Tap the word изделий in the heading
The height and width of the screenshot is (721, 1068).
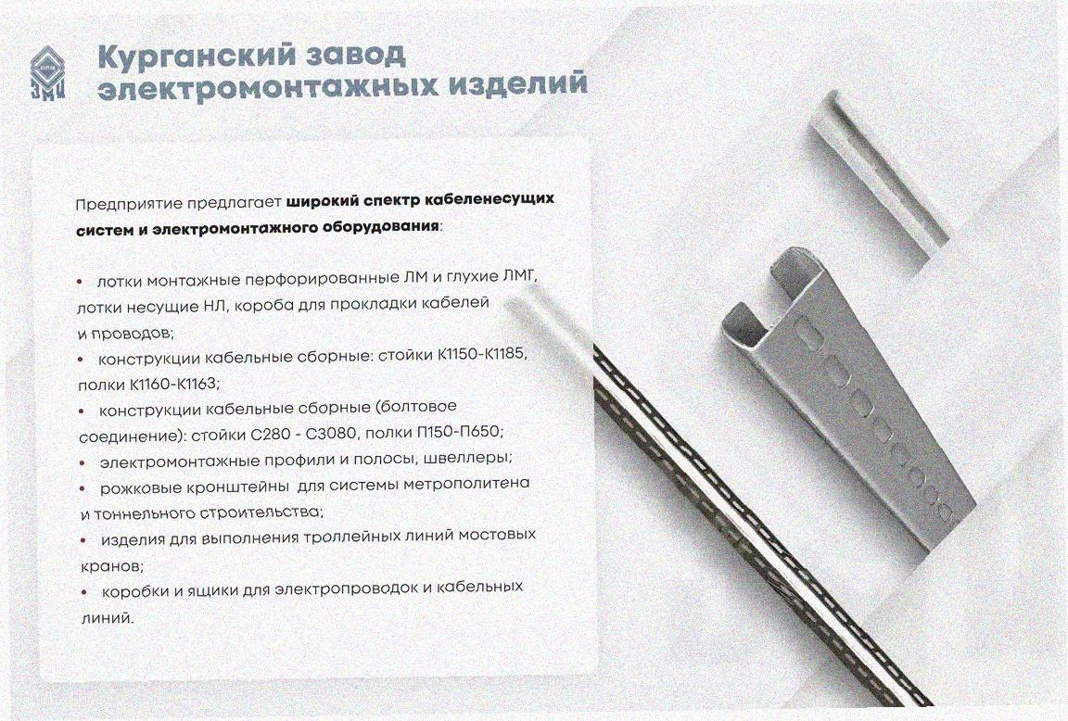tap(517, 83)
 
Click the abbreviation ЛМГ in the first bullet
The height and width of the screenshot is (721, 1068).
tap(520, 277)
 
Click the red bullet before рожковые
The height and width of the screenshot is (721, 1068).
tap(83, 488)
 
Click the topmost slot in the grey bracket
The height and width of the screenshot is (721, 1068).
tap(808, 335)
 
